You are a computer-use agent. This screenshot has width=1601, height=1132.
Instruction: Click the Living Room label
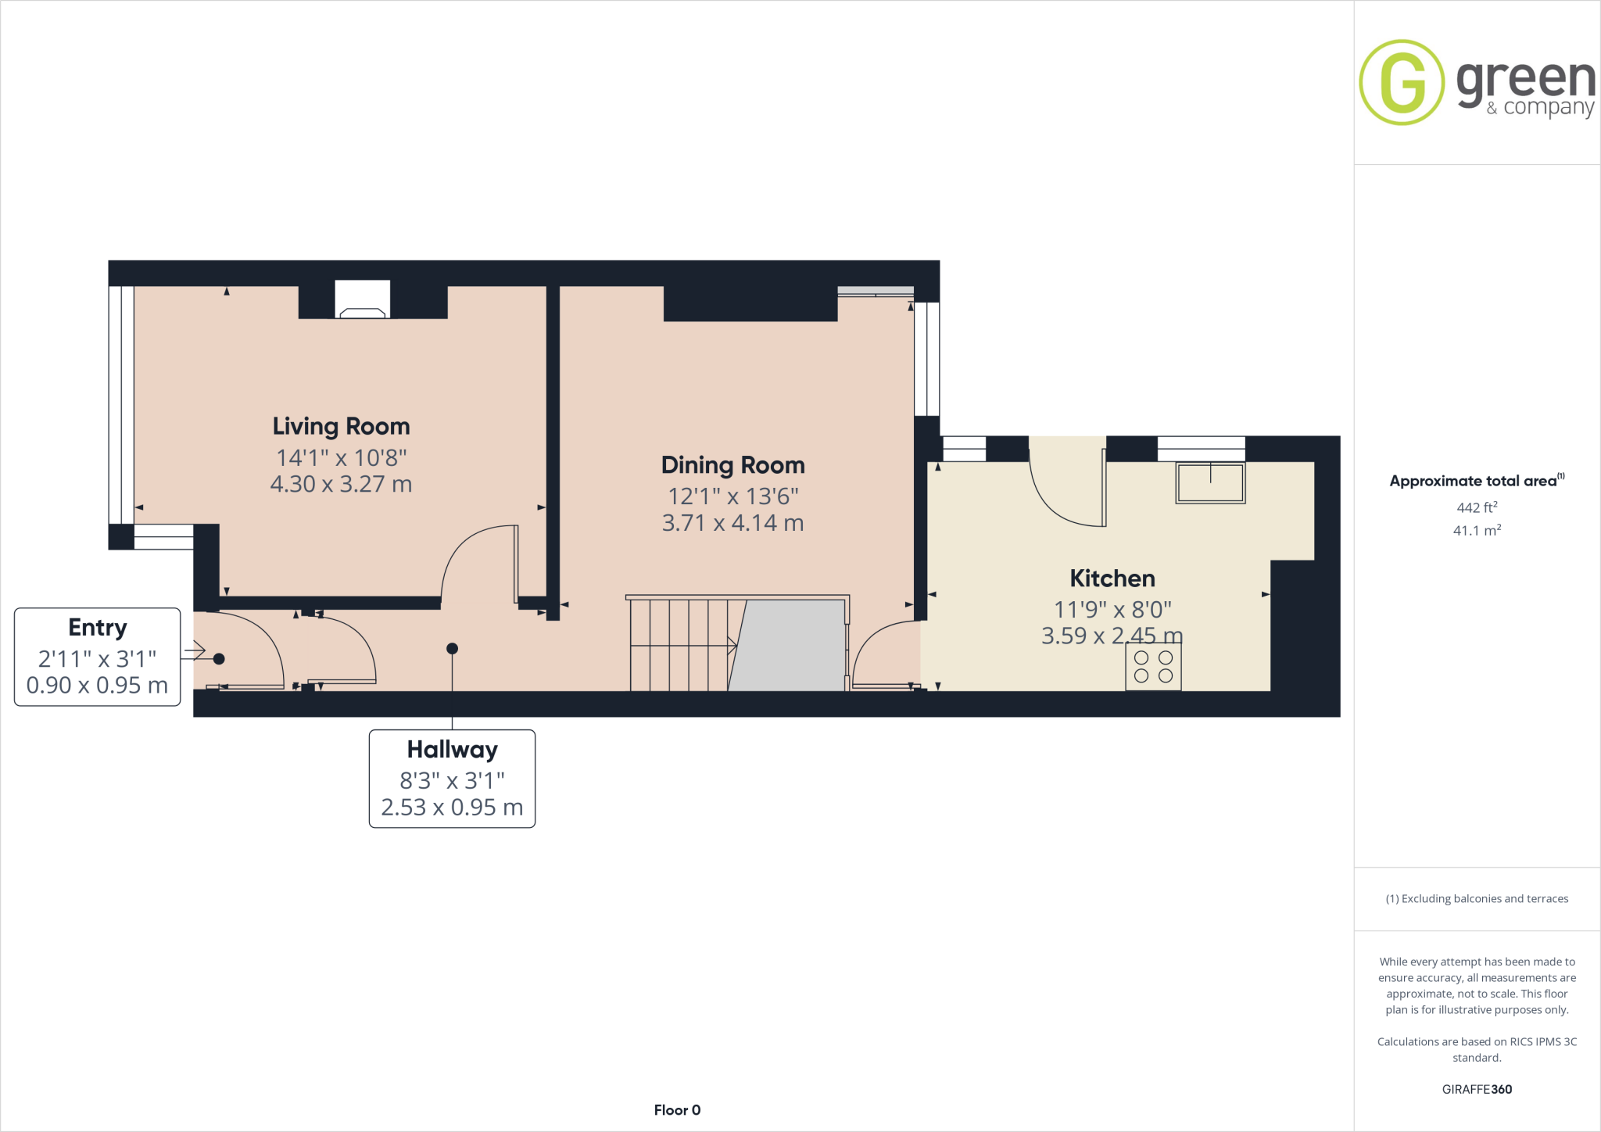click(x=341, y=426)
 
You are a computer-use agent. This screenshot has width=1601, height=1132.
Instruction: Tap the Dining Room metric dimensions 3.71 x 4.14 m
click(x=732, y=523)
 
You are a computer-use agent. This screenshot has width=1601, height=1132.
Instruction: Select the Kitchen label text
click(x=1112, y=579)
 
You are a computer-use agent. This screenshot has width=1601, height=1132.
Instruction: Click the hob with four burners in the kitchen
click(x=1153, y=668)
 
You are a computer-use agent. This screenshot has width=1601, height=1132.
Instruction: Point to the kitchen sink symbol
click(x=1210, y=483)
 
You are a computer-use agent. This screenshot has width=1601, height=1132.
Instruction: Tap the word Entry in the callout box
click(x=97, y=628)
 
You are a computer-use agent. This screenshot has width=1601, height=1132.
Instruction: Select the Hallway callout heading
click(x=452, y=750)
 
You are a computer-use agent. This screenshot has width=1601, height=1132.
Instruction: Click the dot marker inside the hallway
click(x=452, y=649)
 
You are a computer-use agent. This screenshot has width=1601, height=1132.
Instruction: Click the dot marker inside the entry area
click(x=219, y=659)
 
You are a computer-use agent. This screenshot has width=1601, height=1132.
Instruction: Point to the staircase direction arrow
click(x=732, y=645)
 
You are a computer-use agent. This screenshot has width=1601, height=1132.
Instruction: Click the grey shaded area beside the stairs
click(x=790, y=646)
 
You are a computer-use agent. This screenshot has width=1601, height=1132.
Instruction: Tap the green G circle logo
click(x=1402, y=82)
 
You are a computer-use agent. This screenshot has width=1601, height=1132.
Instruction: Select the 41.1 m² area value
click(x=1476, y=531)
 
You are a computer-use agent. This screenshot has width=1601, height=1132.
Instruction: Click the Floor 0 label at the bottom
click(x=677, y=1110)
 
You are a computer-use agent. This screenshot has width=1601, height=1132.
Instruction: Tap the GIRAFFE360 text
click(x=1476, y=1089)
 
